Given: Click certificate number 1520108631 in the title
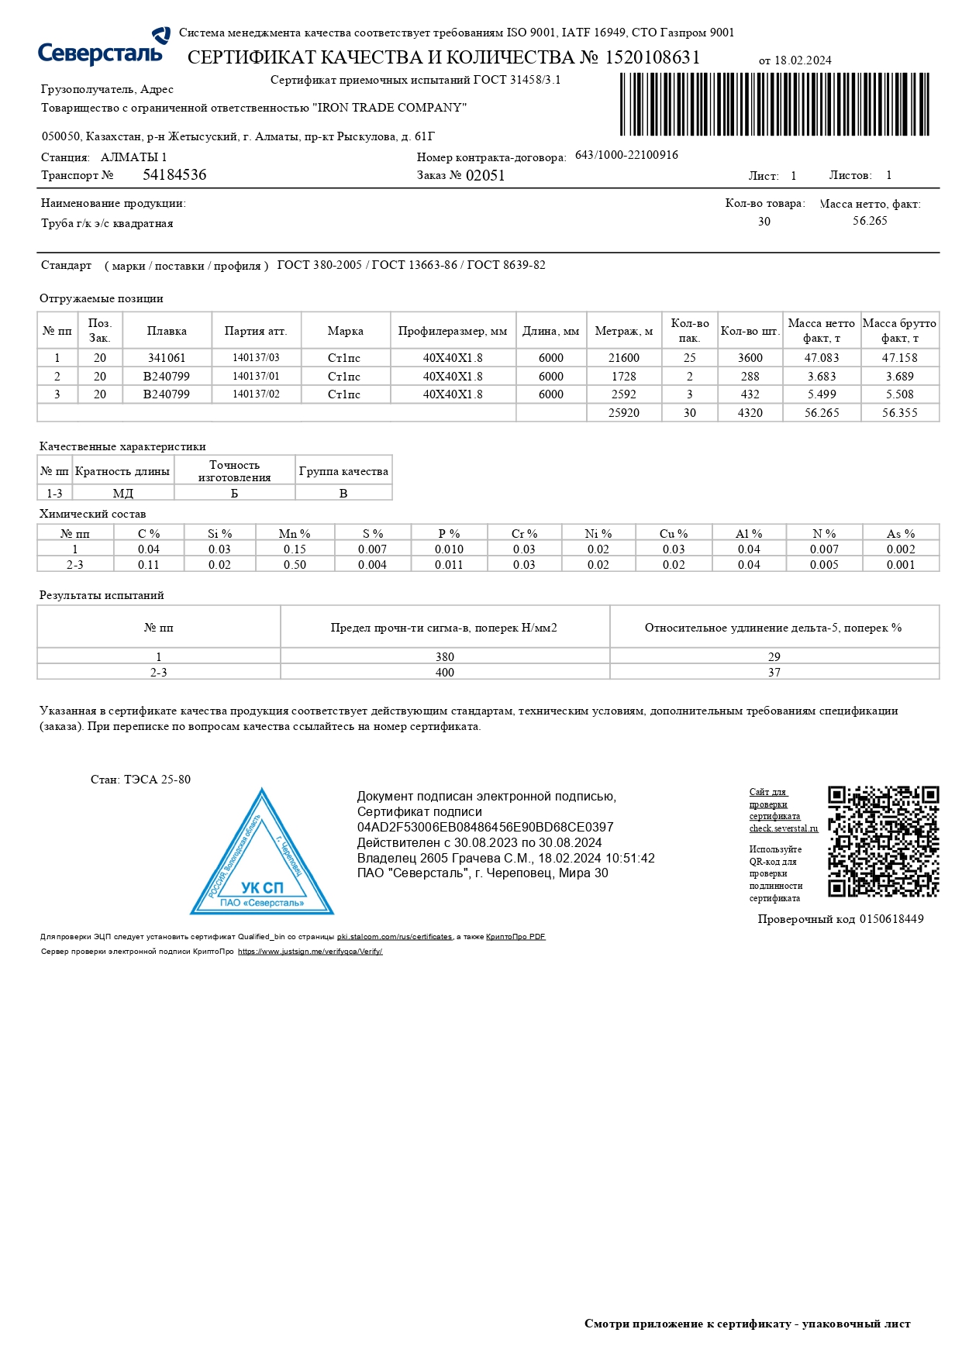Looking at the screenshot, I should (652, 58).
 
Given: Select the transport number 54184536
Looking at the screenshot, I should (174, 175).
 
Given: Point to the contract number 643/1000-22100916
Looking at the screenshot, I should (626, 155).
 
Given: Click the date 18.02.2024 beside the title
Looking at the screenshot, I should (802, 60).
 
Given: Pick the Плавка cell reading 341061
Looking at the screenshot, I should (167, 358).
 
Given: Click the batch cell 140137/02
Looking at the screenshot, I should (256, 394).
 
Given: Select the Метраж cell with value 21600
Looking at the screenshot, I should (623, 358).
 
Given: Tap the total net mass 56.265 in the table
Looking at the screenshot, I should (821, 413).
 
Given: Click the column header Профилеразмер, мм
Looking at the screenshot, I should (453, 331).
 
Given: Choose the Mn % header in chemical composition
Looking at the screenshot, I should (295, 534).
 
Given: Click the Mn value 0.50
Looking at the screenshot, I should (295, 565).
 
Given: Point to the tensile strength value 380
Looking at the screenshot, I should (445, 656).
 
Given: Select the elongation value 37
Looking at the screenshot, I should (774, 672).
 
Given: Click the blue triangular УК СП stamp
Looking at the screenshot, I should (262, 856).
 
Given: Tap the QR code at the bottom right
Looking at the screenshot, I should (883, 842).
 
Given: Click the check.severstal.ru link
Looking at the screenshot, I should (783, 828).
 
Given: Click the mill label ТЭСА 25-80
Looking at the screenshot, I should (157, 780).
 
